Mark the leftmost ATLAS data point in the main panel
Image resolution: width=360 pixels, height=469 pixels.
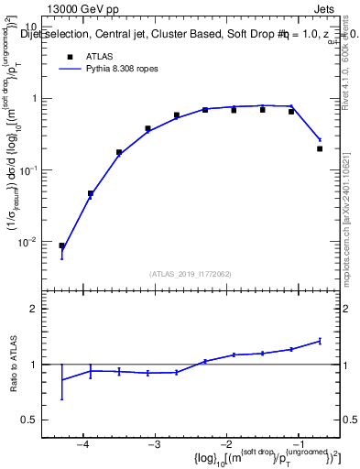click(61, 245)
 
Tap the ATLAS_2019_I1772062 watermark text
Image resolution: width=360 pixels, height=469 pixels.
click(190, 273)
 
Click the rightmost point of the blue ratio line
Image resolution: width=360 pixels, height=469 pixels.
click(320, 341)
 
